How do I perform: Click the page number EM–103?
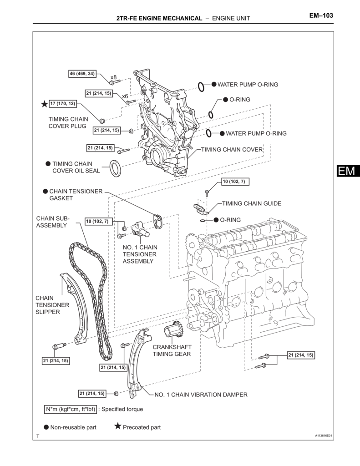click(x=321, y=15)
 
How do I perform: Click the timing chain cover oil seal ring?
click(x=116, y=168)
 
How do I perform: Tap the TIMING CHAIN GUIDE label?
click(x=252, y=203)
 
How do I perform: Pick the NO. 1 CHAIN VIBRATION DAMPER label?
click(x=201, y=395)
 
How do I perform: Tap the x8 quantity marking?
click(x=114, y=77)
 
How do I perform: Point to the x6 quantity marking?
click(x=125, y=96)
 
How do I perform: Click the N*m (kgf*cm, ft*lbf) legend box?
click(x=71, y=409)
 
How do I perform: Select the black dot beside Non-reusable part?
click(x=46, y=427)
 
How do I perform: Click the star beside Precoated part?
click(x=118, y=427)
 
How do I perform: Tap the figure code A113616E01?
click(x=324, y=436)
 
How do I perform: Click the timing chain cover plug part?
click(x=102, y=120)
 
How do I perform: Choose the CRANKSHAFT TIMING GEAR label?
click(x=172, y=350)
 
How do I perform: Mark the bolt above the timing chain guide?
click(x=207, y=192)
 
